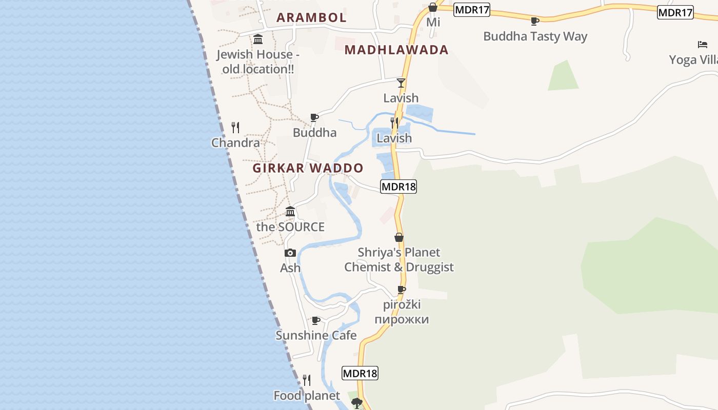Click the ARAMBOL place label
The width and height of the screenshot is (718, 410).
tap(311, 17)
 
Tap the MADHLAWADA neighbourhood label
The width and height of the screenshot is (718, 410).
tap(396, 50)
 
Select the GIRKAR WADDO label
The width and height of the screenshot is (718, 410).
tap(308, 168)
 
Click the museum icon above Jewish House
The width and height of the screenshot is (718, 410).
tap(258, 39)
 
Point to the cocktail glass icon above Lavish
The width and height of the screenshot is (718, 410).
tap(401, 83)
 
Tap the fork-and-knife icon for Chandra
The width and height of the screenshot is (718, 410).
tap(235, 127)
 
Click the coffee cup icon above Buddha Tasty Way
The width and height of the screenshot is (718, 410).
tap(535, 21)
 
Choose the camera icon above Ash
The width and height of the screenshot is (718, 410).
tap(290, 253)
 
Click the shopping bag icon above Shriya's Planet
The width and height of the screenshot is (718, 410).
tap(399, 237)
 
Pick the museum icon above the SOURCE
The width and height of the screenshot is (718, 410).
tap(290, 211)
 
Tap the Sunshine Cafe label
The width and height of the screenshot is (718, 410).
tap(316, 335)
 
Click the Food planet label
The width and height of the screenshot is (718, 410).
tap(307, 396)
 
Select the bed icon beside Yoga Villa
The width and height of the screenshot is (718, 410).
tap(702, 45)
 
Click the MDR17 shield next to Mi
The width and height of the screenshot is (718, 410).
tap(472, 9)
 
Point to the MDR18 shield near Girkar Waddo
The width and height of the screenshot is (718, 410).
tap(398, 187)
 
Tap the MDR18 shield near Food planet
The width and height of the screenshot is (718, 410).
tap(360, 373)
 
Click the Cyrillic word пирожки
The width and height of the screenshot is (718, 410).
tap(402, 319)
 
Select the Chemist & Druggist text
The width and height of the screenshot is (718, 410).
tap(399, 267)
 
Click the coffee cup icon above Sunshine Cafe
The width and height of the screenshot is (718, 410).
tap(316, 321)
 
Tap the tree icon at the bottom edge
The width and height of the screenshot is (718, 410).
tap(357, 403)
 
